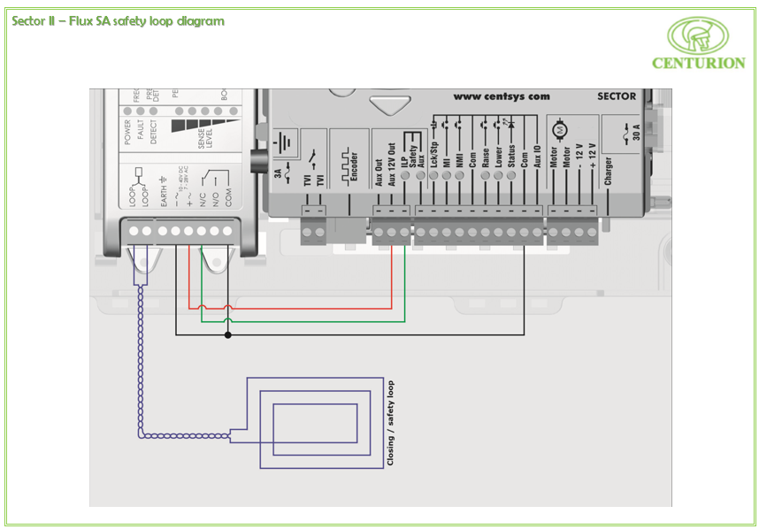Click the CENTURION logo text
698,63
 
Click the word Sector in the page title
30,21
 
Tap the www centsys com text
502,96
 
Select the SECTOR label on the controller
617,96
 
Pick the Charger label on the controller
609,172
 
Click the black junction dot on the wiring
228,335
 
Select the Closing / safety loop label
390,424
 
